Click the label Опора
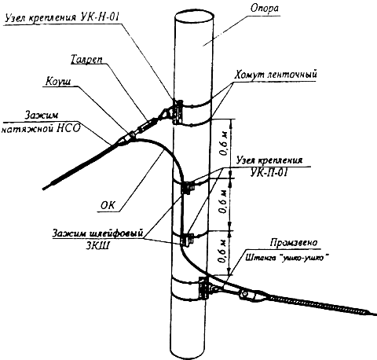(x=265, y=9)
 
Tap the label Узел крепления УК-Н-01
(x=62, y=17)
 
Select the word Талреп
(x=86, y=60)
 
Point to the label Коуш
(x=58, y=82)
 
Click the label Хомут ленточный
(x=276, y=75)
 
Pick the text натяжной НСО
(x=41, y=129)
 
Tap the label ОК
(x=108, y=205)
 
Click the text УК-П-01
(x=269, y=173)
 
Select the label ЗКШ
(x=98, y=246)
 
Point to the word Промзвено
(x=294, y=243)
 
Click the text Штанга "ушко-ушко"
(x=287, y=258)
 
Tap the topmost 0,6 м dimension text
(x=224, y=145)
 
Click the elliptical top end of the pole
(x=194, y=17)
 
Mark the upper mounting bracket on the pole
(x=178, y=112)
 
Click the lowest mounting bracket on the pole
(x=203, y=288)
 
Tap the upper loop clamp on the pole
(x=187, y=188)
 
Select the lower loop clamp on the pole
(x=187, y=240)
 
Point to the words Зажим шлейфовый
(x=98, y=233)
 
